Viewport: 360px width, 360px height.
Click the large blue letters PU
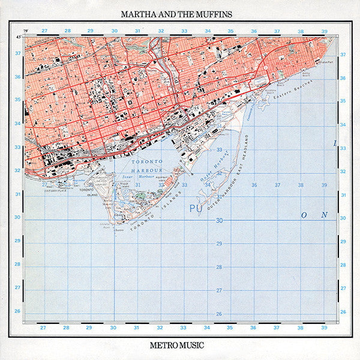[x=196, y=208]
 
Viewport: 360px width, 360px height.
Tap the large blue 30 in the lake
[x=219, y=220]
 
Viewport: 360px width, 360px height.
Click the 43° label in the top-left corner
[x=19, y=37]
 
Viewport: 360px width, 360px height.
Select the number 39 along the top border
[x=323, y=31]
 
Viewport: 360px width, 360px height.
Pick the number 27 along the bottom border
[x=43, y=328]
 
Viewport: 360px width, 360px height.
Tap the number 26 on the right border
[x=343, y=311]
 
